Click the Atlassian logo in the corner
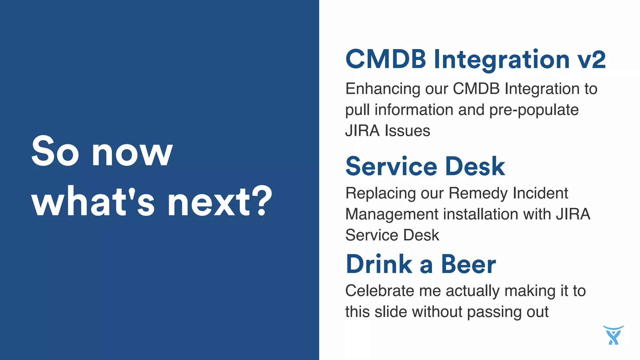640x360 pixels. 613,335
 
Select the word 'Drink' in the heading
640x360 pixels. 379,264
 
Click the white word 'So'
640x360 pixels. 55,151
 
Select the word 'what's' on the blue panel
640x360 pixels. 93,201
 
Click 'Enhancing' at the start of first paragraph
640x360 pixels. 382,89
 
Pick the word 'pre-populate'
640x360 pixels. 534,110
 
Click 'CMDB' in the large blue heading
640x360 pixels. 386,59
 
